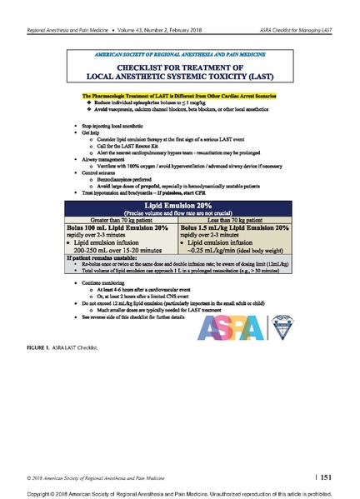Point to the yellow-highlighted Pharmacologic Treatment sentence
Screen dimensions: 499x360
point(181,97)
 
